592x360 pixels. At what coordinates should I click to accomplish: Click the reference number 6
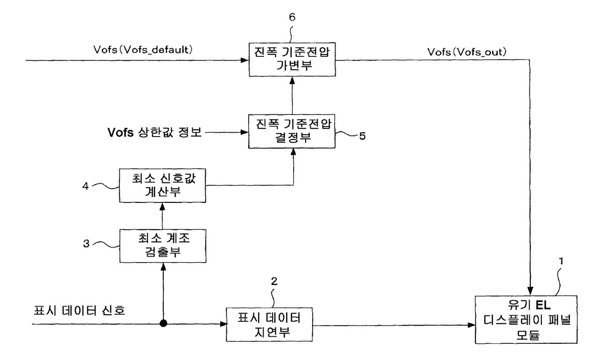[292, 17]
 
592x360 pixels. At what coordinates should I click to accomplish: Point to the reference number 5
[362, 136]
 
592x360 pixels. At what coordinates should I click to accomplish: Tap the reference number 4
[85, 186]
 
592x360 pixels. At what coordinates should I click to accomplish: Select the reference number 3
[86, 244]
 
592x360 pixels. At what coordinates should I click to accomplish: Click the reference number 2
[275, 282]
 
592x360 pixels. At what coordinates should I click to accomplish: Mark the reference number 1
[561, 261]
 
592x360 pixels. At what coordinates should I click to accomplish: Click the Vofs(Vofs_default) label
[143, 50]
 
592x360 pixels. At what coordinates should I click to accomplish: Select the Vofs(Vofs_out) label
[467, 52]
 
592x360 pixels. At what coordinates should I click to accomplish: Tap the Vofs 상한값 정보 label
[155, 132]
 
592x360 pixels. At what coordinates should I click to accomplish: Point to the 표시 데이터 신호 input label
[79, 310]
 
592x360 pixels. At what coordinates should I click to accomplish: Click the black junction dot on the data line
[163, 323]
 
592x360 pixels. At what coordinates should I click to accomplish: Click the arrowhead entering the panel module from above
[530, 291]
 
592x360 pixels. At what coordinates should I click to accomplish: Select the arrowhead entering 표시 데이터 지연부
[223, 324]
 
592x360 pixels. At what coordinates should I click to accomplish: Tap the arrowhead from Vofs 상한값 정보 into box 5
[244, 132]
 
